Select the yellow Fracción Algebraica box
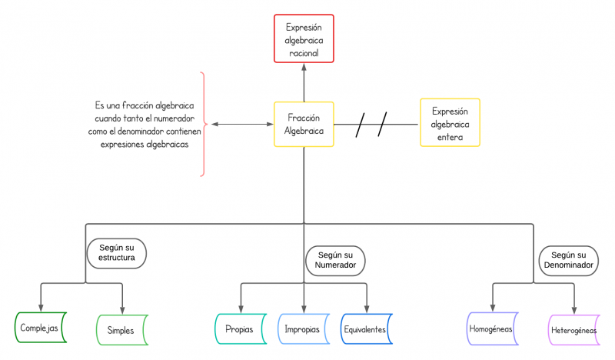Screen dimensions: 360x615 point(304,125)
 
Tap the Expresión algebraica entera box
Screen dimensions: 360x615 point(450,122)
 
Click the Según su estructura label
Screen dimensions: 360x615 point(116,252)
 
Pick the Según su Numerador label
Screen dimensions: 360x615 point(335,260)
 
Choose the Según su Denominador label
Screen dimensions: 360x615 point(568,260)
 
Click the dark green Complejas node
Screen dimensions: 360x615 point(41,327)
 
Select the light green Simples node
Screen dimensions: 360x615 point(121,330)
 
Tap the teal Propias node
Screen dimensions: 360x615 point(239,329)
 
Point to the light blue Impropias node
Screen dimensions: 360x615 point(303,329)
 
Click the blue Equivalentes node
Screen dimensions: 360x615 point(366,329)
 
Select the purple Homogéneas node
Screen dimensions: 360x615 point(492,328)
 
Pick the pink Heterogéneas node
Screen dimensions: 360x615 point(573,330)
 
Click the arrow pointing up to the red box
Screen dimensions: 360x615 point(304,81)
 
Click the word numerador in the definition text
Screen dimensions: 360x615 point(173,118)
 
